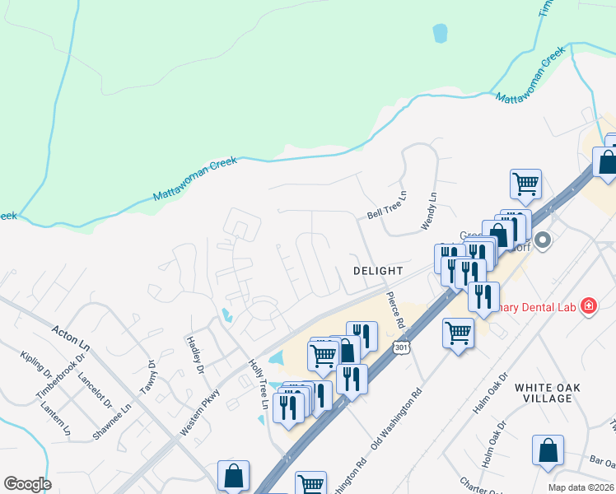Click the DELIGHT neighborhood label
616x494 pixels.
pyautogui.click(x=378, y=270)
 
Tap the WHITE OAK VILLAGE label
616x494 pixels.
pyautogui.click(x=543, y=393)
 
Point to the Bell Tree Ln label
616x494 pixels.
pyautogui.click(x=387, y=206)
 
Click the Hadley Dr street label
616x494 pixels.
pyautogui.click(x=195, y=354)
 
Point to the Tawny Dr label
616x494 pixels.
pyautogui.click(x=147, y=375)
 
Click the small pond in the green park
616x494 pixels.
pyautogui.click(x=440, y=33)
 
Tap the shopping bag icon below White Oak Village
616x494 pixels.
pyautogui.click(x=548, y=452)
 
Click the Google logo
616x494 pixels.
pyautogui.click(x=27, y=484)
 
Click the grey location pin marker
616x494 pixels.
pyautogui.click(x=543, y=241)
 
